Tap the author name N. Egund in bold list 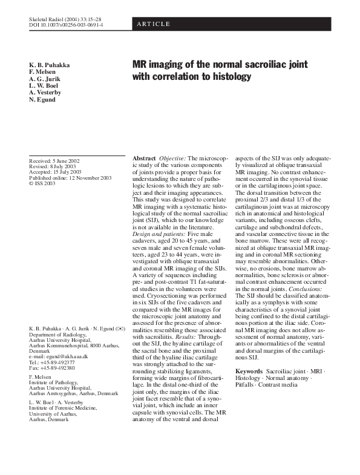click(x=44, y=99)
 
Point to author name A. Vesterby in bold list click(x=45, y=92)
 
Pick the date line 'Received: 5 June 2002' click(x=54, y=160)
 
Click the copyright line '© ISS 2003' click(x=42, y=183)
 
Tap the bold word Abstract click(x=144, y=158)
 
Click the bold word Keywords click(x=249, y=370)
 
